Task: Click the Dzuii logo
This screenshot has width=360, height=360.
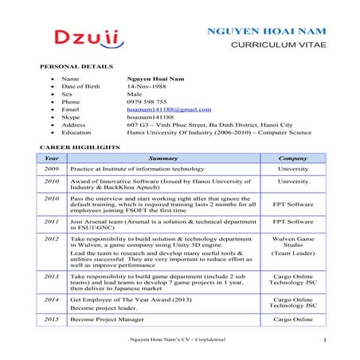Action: tap(88, 37)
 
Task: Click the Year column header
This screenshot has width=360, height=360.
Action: tap(52, 158)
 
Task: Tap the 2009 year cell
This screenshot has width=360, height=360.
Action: tap(52, 170)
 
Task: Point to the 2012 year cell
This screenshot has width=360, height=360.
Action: tap(52, 239)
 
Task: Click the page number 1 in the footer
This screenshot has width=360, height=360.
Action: tap(327, 341)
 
